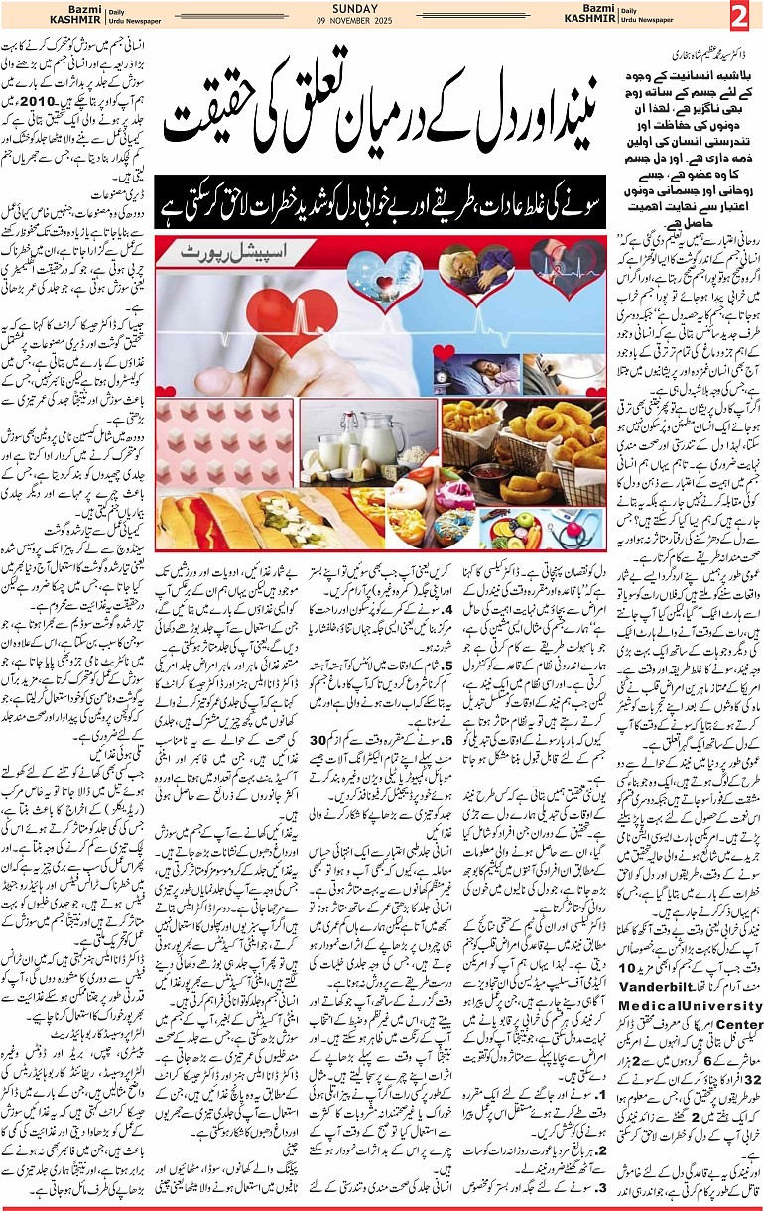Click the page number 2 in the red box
tap(740, 17)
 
